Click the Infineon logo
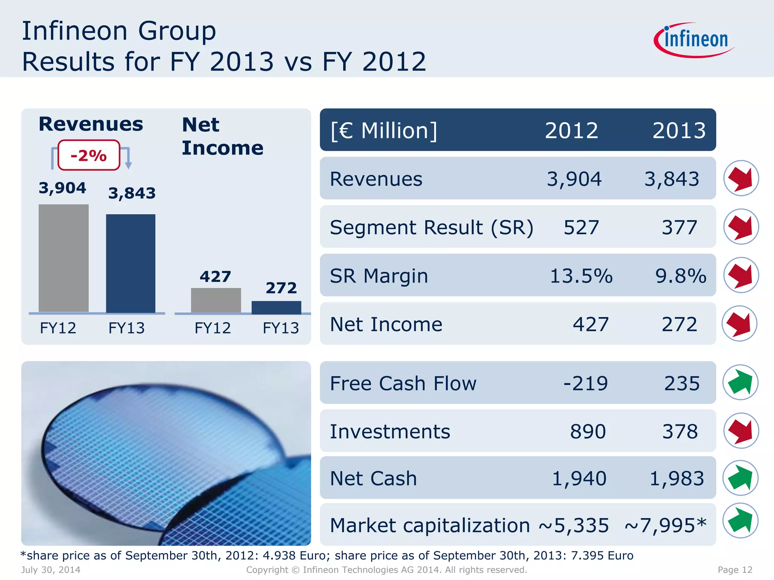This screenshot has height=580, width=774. click(695, 40)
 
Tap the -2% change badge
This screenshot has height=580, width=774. click(89, 155)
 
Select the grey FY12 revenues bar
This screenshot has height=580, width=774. click(63, 258)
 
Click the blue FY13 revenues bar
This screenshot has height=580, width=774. click(130, 263)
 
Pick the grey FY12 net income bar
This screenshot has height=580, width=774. click(216, 300)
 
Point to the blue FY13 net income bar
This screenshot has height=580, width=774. click(276, 307)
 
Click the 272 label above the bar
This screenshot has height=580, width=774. click(281, 288)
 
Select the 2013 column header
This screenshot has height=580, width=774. click(679, 131)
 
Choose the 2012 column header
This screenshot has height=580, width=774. click(571, 131)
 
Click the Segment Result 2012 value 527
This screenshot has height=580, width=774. click(581, 227)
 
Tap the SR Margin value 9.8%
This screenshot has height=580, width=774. click(681, 276)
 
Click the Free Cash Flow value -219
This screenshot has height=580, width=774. click(585, 383)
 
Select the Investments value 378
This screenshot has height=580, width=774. click(680, 431)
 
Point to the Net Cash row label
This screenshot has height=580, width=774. click(373, 478)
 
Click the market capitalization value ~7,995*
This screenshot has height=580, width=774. click(665, 525)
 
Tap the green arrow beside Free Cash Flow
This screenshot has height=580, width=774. click(740, 383)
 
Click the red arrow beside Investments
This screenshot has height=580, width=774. click(741, 431)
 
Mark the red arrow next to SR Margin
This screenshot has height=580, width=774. click(741, 275)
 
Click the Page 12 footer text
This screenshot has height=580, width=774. click(735, 570)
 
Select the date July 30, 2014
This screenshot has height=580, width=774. click(51, 570)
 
